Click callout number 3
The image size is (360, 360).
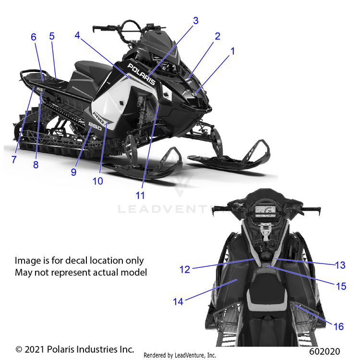[196, 21]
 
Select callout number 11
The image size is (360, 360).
[140, 196]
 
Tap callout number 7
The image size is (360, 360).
[14, 159]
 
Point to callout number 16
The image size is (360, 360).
[338, 326]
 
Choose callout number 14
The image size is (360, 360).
[178, 301]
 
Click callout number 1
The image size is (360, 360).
[233, 51]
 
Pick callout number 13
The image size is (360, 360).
[340, 265]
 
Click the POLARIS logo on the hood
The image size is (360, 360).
[142, 74]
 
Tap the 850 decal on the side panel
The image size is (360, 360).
[95, 126]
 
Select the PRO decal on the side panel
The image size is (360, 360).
[99, 117]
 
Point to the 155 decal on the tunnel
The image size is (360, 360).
[39, 89]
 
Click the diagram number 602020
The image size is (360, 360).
[324, 351]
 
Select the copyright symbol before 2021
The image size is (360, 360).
[19, 349]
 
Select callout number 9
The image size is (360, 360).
[73, 172]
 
